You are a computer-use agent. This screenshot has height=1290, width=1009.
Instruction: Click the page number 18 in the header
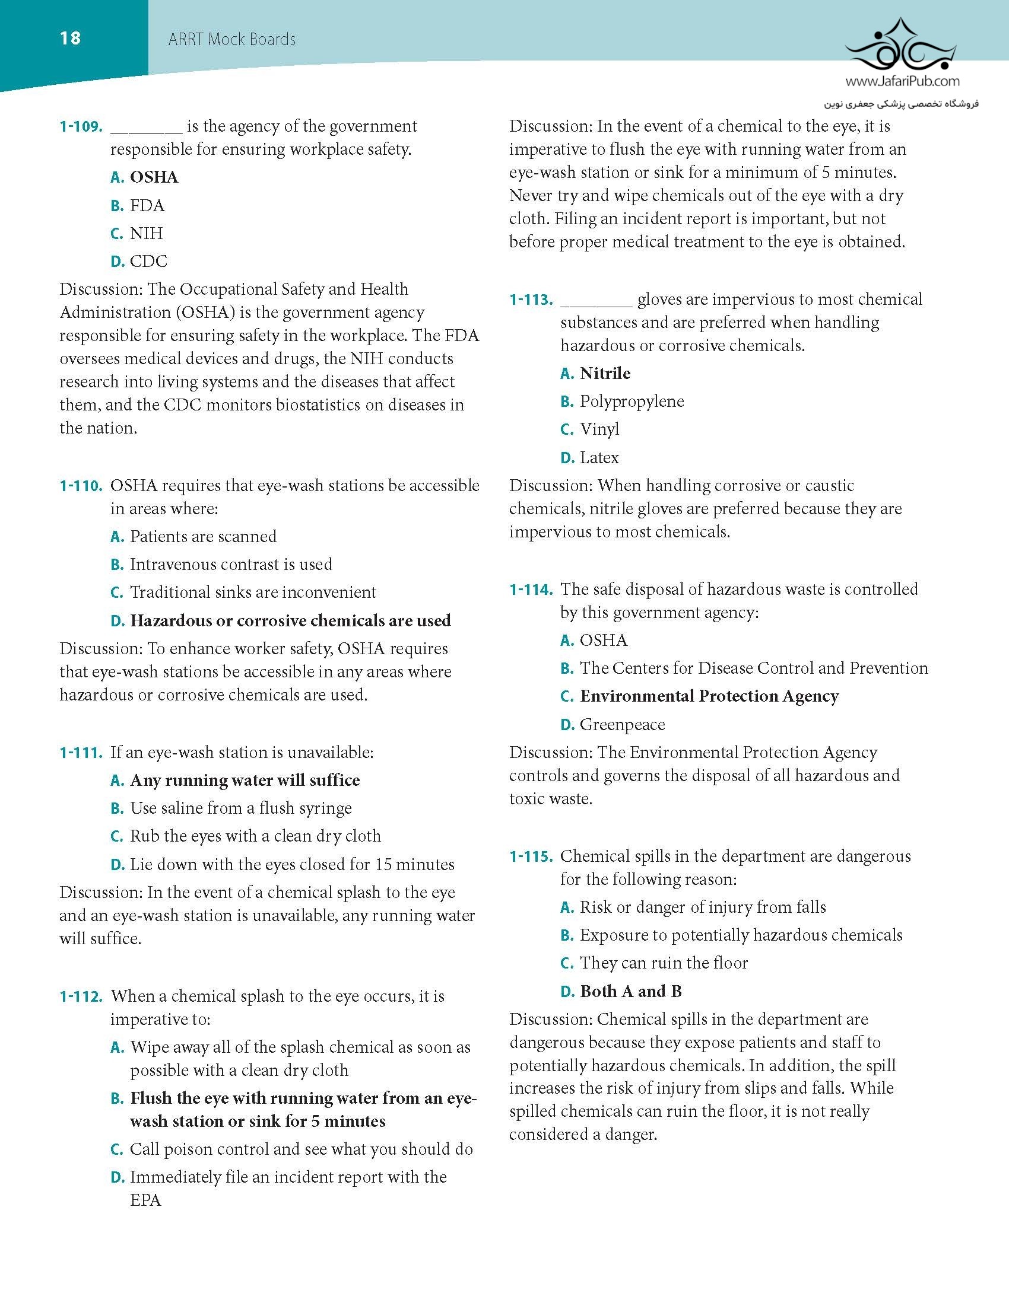coord(70,39)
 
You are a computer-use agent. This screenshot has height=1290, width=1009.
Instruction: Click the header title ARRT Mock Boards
coord(231,40)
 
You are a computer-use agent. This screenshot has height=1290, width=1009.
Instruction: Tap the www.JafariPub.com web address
coord(902,81)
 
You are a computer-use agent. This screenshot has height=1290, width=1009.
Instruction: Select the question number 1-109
coord(81,126)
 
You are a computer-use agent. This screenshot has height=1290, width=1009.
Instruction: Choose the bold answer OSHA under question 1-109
coord(154,177)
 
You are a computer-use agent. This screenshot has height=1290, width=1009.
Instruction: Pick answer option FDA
coord(147,205)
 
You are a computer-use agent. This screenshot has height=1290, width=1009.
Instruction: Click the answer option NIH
coord(146,233)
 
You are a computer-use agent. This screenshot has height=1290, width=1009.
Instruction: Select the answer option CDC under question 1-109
coord(148,261)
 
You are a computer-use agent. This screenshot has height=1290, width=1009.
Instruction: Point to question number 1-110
coord(81,486)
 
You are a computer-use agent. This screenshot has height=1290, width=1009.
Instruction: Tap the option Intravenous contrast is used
coord(231,564)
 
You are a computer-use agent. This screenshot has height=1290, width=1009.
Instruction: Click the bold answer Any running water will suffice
coord(245,780)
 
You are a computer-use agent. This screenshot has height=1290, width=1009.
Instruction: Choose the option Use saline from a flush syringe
coord(240,808)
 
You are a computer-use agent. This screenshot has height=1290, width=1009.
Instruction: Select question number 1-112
coord(81,996)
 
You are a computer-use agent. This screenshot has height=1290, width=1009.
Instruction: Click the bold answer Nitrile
coord(605,373)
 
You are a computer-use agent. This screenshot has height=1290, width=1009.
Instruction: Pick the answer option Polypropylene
coord(632,402)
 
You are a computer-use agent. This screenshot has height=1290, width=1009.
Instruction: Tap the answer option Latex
coord(599,457)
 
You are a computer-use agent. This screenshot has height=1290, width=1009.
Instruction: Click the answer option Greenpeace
coord(622,724)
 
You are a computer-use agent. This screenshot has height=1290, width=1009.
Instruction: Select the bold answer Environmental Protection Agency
coord(709,696)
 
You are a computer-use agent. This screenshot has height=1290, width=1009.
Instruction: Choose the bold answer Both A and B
coord(630,991)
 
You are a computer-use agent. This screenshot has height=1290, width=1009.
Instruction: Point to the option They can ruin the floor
coord(664,963)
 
